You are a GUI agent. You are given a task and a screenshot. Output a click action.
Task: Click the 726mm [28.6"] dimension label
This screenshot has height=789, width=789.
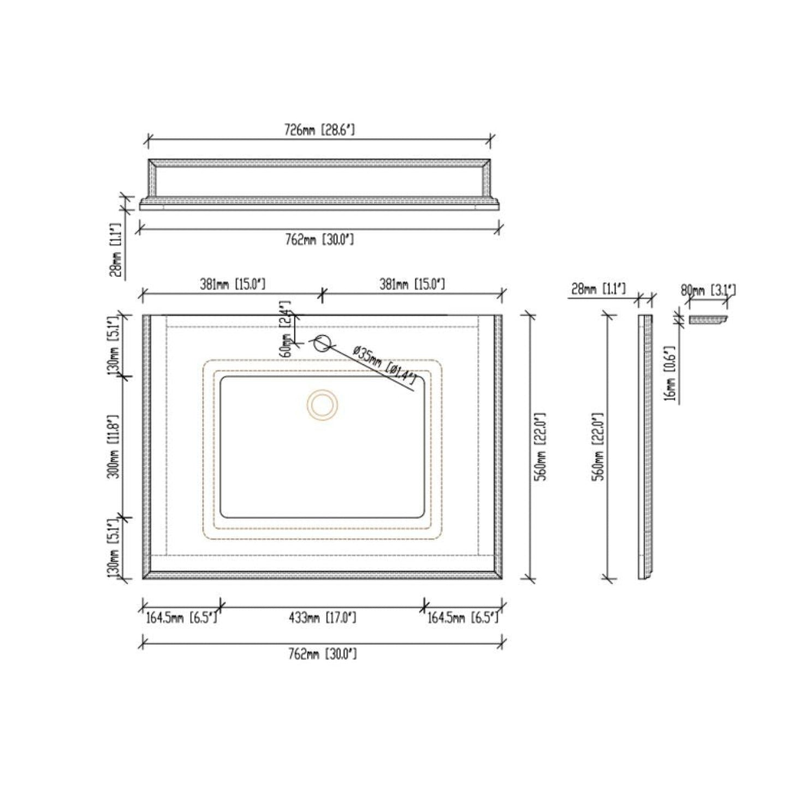319,130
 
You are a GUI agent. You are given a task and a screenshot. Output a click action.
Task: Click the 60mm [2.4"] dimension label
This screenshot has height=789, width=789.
285,328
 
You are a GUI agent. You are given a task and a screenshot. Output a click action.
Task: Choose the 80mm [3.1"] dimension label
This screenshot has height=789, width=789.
708,289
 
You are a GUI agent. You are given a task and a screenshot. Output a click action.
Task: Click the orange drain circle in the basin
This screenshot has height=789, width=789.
322,405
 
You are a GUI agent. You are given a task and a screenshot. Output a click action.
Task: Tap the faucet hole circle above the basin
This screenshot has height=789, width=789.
322,342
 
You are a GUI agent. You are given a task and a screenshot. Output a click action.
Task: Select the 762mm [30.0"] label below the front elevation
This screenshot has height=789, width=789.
319,239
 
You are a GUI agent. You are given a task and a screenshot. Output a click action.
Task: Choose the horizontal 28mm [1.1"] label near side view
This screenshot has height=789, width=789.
598,289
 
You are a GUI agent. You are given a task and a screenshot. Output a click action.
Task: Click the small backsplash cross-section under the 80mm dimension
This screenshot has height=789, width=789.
708,321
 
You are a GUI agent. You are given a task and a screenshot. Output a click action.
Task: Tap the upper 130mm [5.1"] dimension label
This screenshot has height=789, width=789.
114,344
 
